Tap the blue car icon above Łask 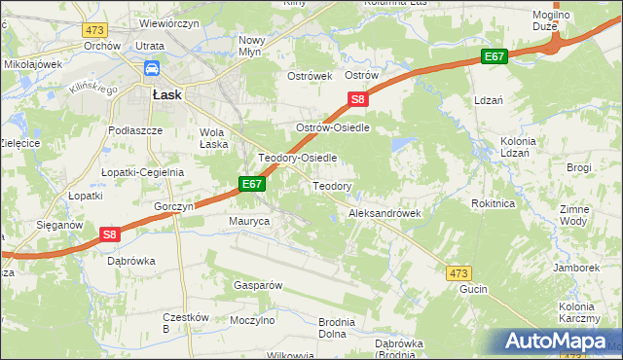coord(153,69)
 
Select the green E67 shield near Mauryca coord(251,184)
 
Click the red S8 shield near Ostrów coord(358,99)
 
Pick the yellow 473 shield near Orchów coord(94,30)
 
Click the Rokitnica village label coord(492,203)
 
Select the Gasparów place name coord(257,286)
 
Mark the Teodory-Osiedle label coord(297,158)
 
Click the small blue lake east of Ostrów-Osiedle coord(400,146)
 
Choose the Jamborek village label coord(575,268)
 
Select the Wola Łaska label coord(213,138)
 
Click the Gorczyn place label coord(175,207)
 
